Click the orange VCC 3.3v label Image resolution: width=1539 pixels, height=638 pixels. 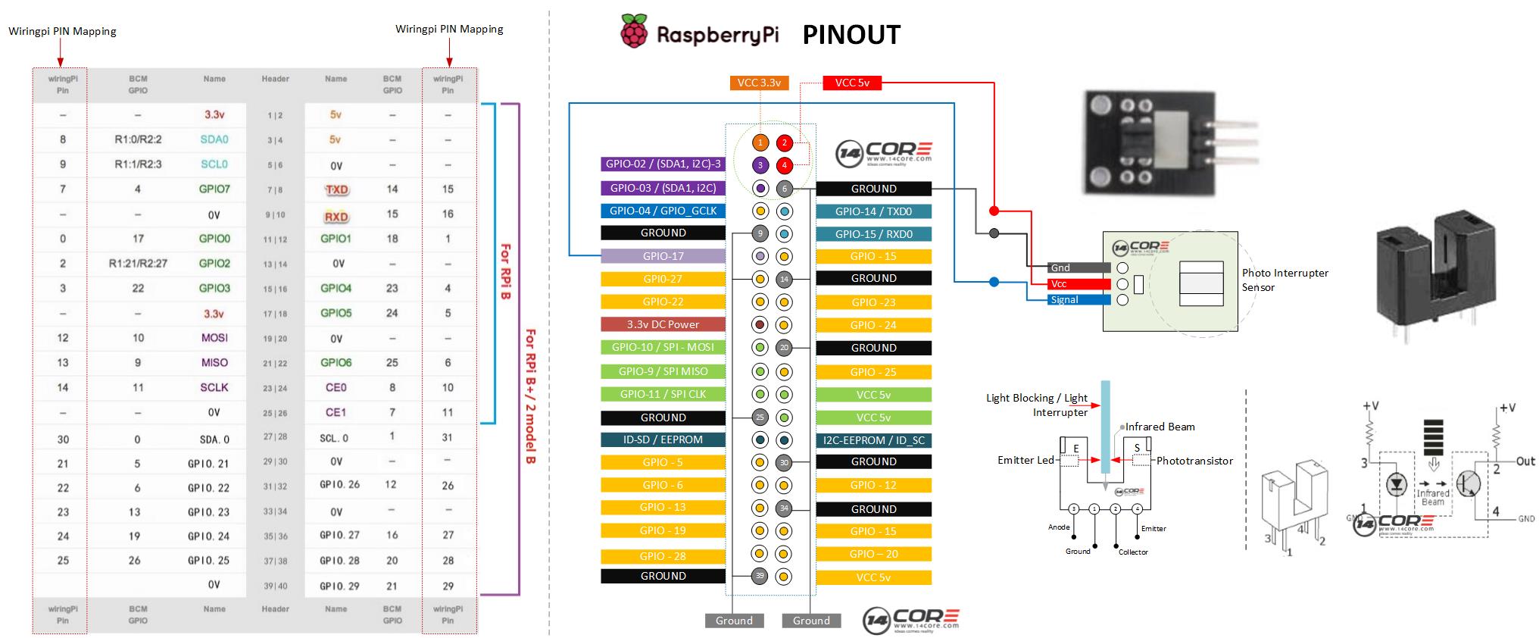click(x=759, y=83)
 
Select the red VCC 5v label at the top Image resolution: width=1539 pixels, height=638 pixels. click(x=852, y=83)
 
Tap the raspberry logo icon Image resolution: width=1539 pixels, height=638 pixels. click(x=634, y=32)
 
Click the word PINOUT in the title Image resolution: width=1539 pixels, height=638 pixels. click(x=851, y=35)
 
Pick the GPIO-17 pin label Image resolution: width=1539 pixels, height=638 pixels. click(x=663, y=256)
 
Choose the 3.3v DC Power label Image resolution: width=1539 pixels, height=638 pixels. click(x=663, y=324)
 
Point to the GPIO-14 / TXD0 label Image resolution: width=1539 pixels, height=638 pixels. click(x=873, y=211)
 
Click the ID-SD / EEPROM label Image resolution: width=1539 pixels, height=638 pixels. click(x=663, y=439)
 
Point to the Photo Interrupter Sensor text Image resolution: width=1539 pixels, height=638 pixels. click(x=1285, y=280)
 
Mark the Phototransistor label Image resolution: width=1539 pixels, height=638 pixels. click(x=1194, y=461)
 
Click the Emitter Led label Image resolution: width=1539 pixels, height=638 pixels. click(x=1025, y=460)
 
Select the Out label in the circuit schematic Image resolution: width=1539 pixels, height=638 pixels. click(x=1525, y=461)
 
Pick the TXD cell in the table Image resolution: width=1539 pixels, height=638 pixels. click(x=336, y=189)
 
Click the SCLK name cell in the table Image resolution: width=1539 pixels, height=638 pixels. click(x=214, y=387)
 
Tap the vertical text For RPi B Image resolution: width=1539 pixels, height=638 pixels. click(x=505, y=271)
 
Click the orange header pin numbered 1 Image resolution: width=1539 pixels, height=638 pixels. click(x=760, y=142)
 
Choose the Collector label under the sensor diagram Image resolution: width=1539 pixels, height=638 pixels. click(x=1133, y=552)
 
